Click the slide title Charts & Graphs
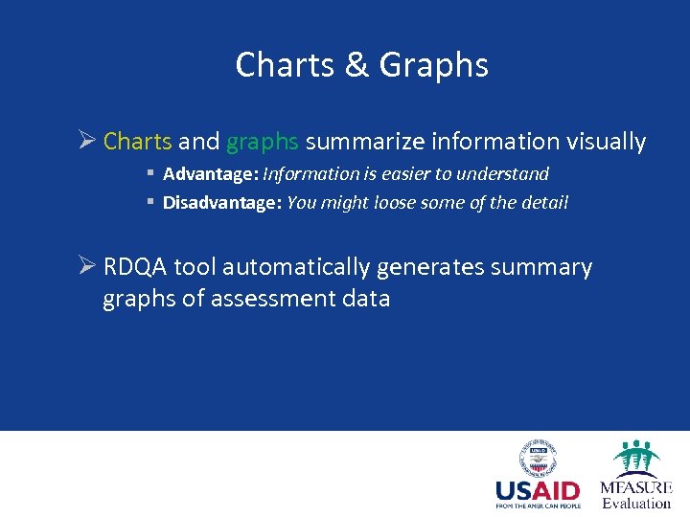tap(361, 65)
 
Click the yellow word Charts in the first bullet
tap(137, 142)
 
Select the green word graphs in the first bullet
tap(263, 142)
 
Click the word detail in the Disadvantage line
tap(544, 203)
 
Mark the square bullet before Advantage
tap(151, 174)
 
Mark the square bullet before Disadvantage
tap(151, 203)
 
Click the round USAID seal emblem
tap(539, 460)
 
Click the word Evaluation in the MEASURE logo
tap(636, 503)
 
